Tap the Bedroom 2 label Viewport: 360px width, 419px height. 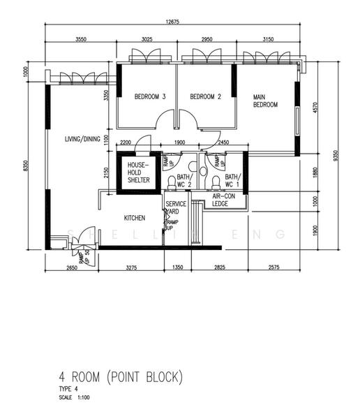205,96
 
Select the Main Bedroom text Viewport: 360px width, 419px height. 265,101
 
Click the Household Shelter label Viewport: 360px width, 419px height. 136,172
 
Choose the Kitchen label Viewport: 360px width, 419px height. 135,218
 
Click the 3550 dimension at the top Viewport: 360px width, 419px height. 81,40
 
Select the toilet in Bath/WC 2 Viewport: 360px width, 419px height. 172,183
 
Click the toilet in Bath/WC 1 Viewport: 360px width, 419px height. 216,183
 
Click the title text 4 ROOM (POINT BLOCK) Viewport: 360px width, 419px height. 116,378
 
